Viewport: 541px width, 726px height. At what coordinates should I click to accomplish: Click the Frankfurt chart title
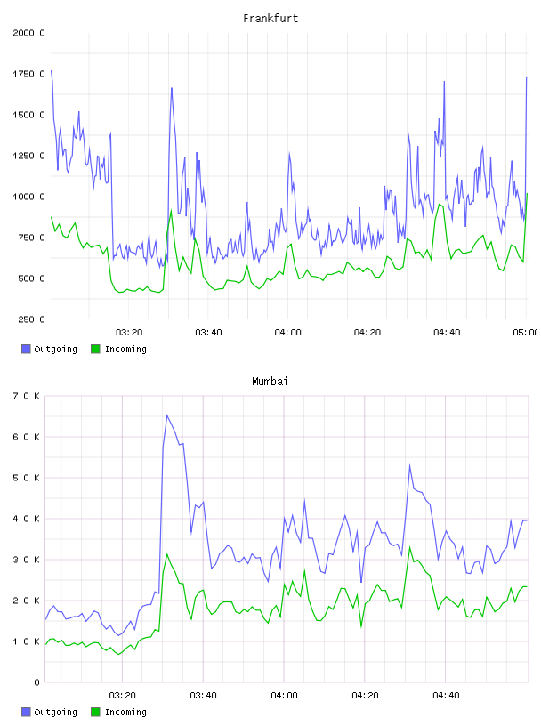coord(270,19)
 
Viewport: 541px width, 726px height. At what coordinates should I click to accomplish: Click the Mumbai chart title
coord(270,382)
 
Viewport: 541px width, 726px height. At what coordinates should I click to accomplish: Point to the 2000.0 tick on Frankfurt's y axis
coord(28,33)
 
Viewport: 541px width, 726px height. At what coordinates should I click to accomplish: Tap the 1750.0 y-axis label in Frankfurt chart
coord(28,74)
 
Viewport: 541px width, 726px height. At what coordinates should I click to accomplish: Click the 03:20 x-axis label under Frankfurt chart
coord(129,333)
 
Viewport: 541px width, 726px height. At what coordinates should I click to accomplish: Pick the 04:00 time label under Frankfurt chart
coord(287,333)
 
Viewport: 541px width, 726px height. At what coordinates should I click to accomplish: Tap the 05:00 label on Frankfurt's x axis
coord(525,333)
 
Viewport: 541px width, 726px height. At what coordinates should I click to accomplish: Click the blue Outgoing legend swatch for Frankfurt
coord(26,349)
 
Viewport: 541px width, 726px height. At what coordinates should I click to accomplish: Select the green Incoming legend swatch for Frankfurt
coord(95,349)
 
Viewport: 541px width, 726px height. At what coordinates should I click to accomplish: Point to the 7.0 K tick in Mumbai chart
coord(26,396)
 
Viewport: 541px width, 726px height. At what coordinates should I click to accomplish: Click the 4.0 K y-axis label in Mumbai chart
coord(26,519)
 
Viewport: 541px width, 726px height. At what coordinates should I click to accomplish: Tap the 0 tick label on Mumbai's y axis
coord(36,682)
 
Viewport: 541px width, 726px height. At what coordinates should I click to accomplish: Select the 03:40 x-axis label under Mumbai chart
coord(203,696)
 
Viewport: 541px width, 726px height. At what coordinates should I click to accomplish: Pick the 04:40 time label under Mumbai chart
coord(446,696)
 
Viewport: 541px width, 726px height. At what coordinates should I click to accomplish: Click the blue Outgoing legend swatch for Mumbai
coord(26,712)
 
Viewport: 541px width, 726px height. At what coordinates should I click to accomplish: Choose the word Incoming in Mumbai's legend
coord(125,712)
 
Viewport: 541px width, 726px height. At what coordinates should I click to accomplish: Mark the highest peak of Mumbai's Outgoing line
coord(167,415)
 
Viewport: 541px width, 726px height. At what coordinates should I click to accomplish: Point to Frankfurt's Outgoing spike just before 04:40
coord(444,82)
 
